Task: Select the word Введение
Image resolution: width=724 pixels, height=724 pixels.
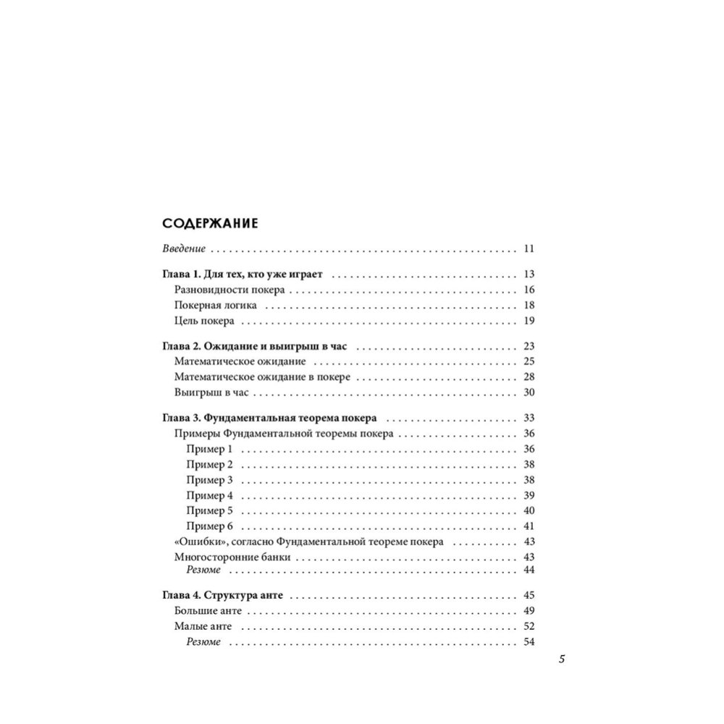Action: (183, 249)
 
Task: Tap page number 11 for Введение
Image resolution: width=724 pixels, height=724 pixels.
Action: (527, 249)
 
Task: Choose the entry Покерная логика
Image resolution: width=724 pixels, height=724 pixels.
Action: (214, 306)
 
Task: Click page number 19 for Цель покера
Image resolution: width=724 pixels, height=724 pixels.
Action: (527, 321)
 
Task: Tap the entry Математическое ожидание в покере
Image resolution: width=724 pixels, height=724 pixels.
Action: (263, 377)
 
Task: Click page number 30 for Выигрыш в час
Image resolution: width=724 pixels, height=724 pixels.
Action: (527, 392)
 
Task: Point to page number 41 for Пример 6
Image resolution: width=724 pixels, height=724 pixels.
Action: (527, 526)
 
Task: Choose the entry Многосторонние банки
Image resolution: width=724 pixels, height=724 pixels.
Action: (232, 557)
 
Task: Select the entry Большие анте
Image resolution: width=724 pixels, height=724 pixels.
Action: (209, 611)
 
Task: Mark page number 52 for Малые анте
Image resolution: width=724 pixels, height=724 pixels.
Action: (527, 626)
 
